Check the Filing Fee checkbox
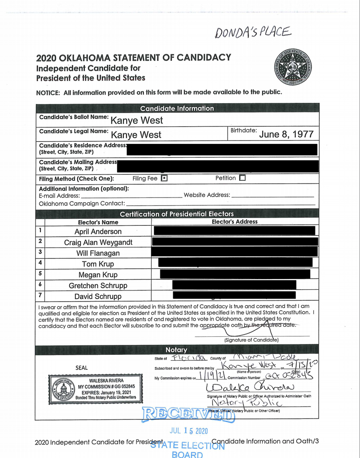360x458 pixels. coord(164,178)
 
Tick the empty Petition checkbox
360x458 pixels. coord(243,178)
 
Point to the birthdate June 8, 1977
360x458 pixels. coord(286,134)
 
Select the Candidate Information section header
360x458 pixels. coord(177,108)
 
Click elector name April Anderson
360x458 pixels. coord(98,231)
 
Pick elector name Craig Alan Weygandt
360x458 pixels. coord(98,242)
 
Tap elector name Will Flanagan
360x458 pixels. coord(98,253)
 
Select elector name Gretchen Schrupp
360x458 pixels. coord(98,286)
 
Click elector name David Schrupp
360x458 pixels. coord(98,296)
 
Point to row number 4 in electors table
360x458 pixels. coord(40,263)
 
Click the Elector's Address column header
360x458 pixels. coord(235,222)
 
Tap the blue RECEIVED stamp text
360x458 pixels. coord(189,414)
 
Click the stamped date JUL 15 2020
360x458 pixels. coord(189,431)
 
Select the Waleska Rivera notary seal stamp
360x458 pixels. coord(93,389)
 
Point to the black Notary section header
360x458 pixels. coord(177,350)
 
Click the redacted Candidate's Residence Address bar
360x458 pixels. coord(222,150)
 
